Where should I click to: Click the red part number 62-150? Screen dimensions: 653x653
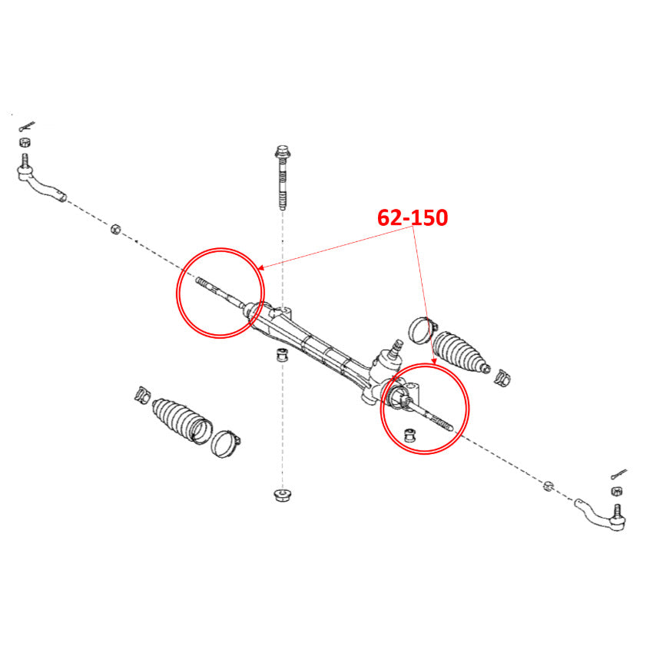[413, 217]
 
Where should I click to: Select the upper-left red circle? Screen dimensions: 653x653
[177, 293]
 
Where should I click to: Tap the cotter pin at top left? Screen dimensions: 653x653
[27, 126]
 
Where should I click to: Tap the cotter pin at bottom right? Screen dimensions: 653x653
[619, 474]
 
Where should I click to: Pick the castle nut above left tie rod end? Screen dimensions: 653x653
[25, 141]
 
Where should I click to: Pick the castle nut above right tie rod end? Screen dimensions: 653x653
[617, 491]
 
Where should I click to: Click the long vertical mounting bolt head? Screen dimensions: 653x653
[283, 151]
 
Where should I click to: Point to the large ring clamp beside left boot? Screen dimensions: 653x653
[225, 443]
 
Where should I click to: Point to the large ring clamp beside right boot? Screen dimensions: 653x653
[423, 330]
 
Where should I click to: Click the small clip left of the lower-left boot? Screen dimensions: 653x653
[142, 395]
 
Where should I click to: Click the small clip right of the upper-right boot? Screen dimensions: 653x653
[502, 377]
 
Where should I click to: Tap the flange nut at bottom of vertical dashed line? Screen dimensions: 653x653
[283, 496]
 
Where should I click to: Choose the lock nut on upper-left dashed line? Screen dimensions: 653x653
[115, 229]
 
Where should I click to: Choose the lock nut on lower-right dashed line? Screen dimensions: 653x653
[549, 486]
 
